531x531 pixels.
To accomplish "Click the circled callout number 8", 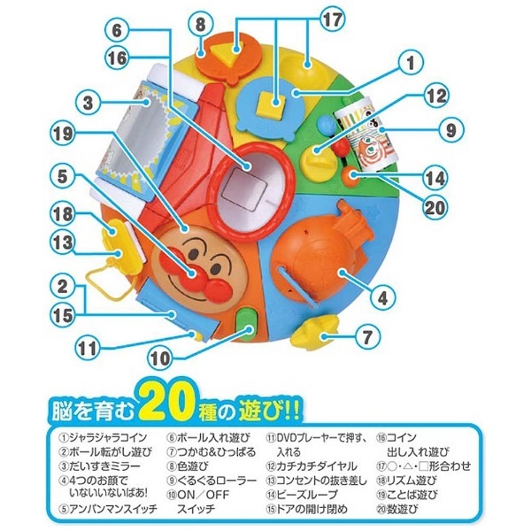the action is point(201,25).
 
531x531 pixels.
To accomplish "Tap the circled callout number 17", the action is point(333,20).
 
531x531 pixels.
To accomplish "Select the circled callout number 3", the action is point(88,103).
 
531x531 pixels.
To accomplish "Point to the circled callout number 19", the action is point(63,133).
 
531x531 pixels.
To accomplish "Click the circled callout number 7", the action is point(367,337).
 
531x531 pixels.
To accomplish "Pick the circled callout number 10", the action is point(159,358).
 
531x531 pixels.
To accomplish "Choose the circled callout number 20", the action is point(435,207).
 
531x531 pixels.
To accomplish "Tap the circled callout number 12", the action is point(437,96).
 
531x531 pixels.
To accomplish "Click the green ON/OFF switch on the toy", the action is point(248,324).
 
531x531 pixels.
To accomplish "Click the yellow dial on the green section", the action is point(319,162).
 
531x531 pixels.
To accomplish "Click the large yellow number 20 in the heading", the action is point(170,403).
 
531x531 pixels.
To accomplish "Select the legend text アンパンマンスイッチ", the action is point(112,509).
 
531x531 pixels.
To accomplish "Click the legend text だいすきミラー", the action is point(104,466).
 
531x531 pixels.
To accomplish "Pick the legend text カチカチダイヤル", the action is point(317,466).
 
